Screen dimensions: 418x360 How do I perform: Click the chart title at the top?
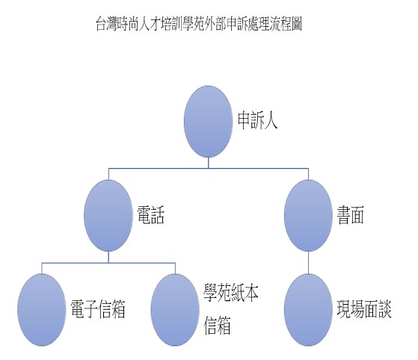coord(199,24)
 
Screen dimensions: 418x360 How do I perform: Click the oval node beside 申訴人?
coord(208,122)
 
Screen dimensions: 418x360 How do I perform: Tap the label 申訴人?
coord(257,120)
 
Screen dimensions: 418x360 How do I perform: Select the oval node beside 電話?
coord(108,215)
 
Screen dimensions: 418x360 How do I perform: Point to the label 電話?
coord(151,214)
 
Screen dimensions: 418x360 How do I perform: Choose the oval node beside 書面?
coord(308,215)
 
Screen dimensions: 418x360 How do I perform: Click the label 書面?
coord(351,214)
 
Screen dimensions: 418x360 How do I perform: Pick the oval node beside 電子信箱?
coord(42,310)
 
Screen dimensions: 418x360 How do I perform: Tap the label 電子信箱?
coord(98,309)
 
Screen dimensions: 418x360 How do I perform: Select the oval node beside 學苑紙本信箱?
coord(175,310)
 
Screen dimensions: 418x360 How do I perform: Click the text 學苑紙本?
coord(231,293)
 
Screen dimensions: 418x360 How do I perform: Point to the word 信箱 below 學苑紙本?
coord(217,326)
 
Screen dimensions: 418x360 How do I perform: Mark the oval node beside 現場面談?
coord(308,310)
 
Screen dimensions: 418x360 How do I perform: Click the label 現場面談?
coord(364,309)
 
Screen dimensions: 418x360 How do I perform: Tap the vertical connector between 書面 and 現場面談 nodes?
coord(308,263)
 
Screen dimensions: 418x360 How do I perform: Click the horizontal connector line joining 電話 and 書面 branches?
coord(209,168)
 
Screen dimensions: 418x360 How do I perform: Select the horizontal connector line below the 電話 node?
coord(108,263)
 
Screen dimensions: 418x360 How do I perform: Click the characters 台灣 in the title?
coord(106,24)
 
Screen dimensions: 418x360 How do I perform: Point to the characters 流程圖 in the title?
coord(286,24)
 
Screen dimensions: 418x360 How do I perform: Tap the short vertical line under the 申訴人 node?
coord(208,163)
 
